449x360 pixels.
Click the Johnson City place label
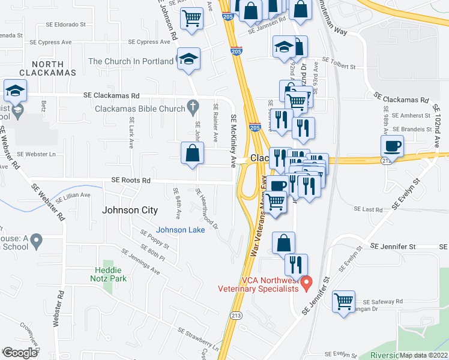pyautogui.click(x=130, y=210)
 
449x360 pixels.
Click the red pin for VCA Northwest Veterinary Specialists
pyautogui.click(x=306, y=281)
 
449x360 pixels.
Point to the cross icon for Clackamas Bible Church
pyautogui.click(x=193, y=109)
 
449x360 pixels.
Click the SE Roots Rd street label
pyautogui.click(x=130, y=179)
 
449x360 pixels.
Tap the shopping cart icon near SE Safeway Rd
pyautogui.click(x=344, y=301)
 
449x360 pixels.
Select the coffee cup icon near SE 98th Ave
pyautogui.click(x=392, y=146)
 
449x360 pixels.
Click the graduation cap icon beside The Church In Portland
pyautogui.click(x=189, y=59)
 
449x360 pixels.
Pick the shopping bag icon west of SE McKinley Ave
pyautogui.click(x=191, y=152)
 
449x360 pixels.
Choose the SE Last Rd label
pyautogui.click(x=368, y=209)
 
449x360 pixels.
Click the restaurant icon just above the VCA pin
pyautogui.click(x=295, y=263)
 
